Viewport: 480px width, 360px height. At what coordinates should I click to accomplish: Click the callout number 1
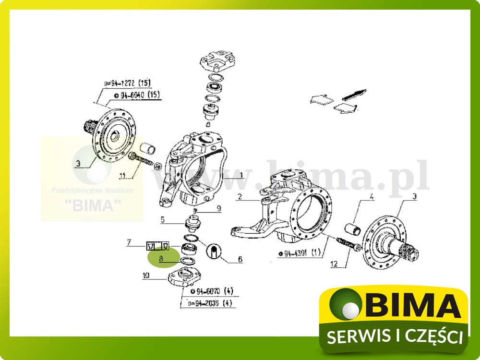click(x=241, y=175)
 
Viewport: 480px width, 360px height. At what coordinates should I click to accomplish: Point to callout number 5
click(x=163, y=220)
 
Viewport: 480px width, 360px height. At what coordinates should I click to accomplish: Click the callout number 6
click(x=240, y=260)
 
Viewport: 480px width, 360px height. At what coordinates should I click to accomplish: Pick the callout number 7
click(x=128, y=242)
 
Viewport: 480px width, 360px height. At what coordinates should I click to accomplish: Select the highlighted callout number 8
click(x=162, y=258)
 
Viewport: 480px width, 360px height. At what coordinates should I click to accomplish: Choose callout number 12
click(x=335, y=263)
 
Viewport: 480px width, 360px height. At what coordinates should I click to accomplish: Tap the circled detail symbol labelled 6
click(x=214, y=251)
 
